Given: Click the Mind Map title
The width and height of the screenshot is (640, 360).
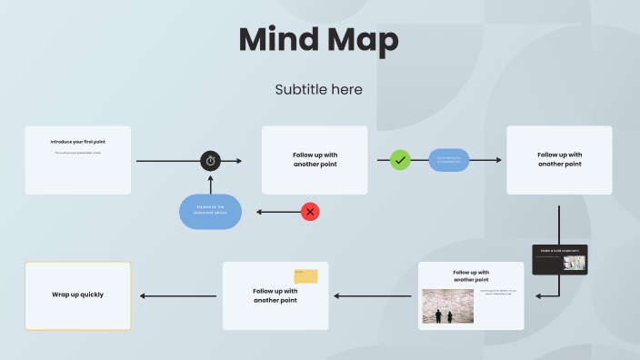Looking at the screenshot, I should pyautogui.click(x=318, y=41).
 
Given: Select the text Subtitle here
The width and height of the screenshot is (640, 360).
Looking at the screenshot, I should pyautogui.click(x=318, y=89).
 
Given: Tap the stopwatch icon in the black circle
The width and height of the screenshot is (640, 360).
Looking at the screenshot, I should pyautogui.click(x=211, y=161).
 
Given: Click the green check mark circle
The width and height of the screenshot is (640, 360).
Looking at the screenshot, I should pyautogui.click(x=400, y=160).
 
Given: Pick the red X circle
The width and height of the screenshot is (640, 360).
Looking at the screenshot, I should pyautogui.click(x=310, y=212).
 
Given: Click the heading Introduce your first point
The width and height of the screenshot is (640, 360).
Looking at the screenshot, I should pyautogui.click(x=77, y=142).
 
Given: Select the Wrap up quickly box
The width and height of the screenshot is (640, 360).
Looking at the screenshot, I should pyautogui.click(x=77, y=295).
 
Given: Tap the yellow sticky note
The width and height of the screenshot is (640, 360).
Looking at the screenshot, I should pyautogui.click(x=305, y=275).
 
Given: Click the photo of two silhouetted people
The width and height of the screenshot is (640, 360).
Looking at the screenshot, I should pyautogui.click(x=445, y=306).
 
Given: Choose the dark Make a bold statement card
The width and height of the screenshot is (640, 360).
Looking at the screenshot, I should pyautogui.click(x=560, y=259).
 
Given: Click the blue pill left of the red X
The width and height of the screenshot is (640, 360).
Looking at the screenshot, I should pyautogui.click(x=210, y=212).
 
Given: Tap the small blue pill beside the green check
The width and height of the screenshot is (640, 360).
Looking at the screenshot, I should pyautogui.click(x=449, y=160).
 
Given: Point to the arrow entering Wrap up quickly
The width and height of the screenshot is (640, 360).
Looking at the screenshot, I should pyautogui.click(x=144, y=295).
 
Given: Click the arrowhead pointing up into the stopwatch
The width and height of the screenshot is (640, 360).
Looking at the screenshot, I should pyautogui.click(x=211, y=177).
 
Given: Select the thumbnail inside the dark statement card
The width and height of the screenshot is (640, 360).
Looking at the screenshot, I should pyautogui.click(x=575, y=263).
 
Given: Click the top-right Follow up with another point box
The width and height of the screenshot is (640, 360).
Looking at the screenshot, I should pyautogui.click(x=559, y=160).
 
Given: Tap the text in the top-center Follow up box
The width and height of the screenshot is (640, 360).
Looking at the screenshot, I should pyautogui.click(x=315, y=160).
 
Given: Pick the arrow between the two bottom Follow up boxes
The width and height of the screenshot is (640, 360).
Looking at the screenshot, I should pyautogui.click(x=373, y=295).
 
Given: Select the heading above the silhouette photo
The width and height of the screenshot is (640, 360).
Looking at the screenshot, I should pyautogui.click(x=471, y=275).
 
